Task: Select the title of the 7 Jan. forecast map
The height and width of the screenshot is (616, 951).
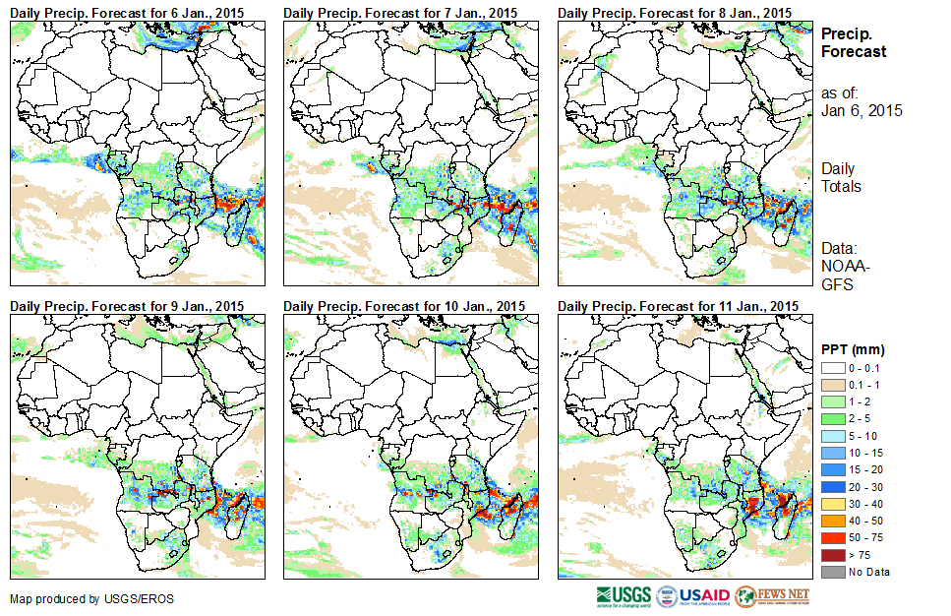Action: (x=400, y=12)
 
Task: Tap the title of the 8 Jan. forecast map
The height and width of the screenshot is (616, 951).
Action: (x=674, y=12)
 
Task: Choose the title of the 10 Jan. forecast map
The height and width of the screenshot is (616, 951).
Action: (x=403, y=306)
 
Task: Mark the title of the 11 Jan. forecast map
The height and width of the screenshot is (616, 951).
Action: (x=677, y=306)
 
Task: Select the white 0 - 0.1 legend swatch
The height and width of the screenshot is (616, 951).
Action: (x=832, y=368)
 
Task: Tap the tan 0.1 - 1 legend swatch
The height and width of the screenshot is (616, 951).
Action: (x=832, y=384)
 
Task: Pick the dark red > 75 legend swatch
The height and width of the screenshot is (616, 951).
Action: (x=832, y=555)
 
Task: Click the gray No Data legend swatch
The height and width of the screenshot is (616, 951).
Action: (x=832, y=571)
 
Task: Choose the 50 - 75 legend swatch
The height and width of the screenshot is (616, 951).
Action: (x=832, y=539)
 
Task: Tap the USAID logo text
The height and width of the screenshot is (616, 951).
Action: (x=705, y=596)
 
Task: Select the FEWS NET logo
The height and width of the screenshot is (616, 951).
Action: (x=772, y=596)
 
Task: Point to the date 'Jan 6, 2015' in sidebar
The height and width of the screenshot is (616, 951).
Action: (x=862, y=110)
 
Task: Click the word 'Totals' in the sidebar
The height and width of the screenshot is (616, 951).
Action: (x=841, y=187)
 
